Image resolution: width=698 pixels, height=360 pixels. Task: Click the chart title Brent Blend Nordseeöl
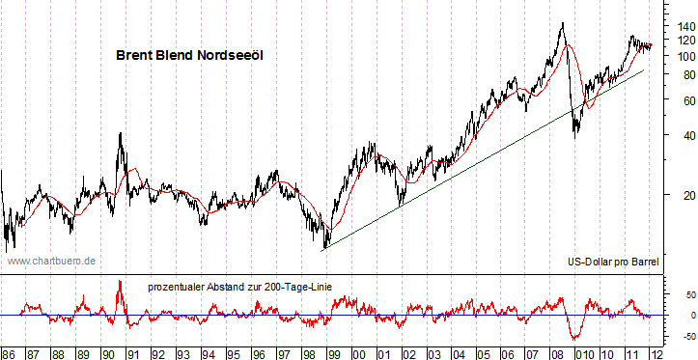(x=190, y=56)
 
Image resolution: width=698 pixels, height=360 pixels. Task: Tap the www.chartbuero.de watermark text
(x=51, y=261)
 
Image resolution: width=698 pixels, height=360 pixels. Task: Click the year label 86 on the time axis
(x=9, y=352)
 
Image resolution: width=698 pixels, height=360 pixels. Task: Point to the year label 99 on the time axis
(x=333, y=352)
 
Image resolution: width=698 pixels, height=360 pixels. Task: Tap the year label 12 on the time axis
(x=656, y=352)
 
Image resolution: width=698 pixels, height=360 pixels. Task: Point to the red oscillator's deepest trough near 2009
(x=575, y=338)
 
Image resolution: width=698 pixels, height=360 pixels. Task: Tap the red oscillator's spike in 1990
(x=120, y=281)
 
